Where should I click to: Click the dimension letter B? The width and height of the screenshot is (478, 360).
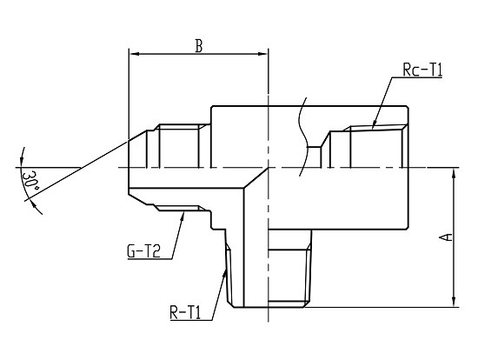tap(199, 46)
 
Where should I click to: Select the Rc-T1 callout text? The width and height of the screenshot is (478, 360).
tap(422, 70)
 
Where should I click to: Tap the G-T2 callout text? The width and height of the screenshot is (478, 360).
tap(143, 251)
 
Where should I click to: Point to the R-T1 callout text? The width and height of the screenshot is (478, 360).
tap(185, 312)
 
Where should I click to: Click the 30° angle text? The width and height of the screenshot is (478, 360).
tap(30, 181)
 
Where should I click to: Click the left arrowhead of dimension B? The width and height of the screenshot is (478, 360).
tap(134, 54)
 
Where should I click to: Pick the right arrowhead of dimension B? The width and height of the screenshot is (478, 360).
tap(262, 54)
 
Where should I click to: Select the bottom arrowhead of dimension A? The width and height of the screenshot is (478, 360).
tap(454, 302)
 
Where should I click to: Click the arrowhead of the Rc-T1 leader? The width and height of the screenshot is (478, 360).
tap(374, 124)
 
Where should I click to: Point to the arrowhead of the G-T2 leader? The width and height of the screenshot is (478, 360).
tap(183, 217)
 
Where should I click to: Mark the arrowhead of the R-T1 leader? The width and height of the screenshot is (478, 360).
tap(225, 274)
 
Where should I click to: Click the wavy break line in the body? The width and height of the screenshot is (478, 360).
tap(303, 137)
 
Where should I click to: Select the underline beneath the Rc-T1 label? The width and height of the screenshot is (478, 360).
tap(416, 77)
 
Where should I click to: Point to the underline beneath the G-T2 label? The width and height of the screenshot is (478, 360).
tap(149, 259)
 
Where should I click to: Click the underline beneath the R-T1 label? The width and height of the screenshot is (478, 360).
tap(191, 320)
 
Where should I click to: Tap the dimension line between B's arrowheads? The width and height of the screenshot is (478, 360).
tap(198, 54)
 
